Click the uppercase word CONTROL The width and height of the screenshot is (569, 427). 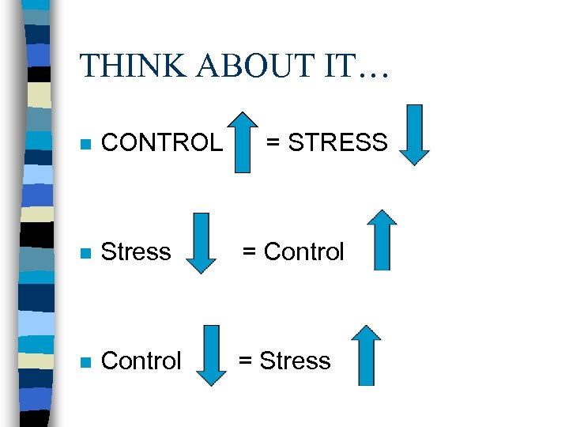(163, 142)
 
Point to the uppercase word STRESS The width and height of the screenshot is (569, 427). (337, 142)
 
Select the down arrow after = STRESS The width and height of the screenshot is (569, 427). (414, 134)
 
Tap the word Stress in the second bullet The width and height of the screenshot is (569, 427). (136, 252)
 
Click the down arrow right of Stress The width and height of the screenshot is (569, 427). (202, 243)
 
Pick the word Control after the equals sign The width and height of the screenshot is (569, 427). (304, 252)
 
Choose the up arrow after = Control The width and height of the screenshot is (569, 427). (382, 240)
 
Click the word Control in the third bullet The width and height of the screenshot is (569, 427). (141, 361)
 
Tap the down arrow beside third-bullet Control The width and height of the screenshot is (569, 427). (210, 355)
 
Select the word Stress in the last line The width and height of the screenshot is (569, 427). (295, 361)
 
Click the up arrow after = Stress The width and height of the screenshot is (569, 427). (366, 355)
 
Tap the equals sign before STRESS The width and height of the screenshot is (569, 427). (272, 143)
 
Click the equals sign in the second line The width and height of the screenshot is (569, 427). (249, 252)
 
